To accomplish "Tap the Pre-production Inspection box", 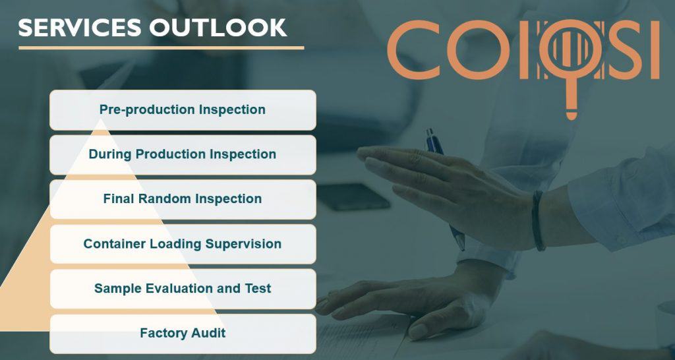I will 183,109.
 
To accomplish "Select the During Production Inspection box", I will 183,154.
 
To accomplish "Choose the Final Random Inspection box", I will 183,198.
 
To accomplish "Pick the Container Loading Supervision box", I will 183,244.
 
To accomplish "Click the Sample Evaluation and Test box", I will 183,288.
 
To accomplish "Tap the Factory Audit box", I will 183,333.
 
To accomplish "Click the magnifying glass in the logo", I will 570,53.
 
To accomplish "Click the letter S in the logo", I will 622,49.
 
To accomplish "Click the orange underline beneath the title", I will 161,47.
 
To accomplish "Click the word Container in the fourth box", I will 115,244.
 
